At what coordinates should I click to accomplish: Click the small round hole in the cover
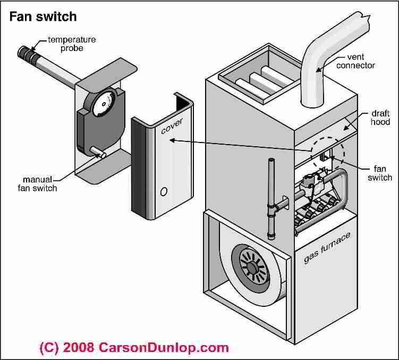tap(163, 190)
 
